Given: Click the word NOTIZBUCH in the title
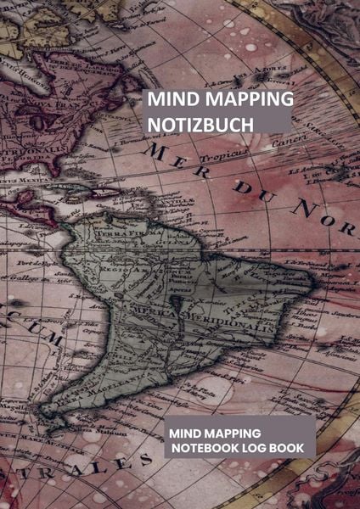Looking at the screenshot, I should coord(200,124).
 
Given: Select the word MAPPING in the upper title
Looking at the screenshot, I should coord(249,99).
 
